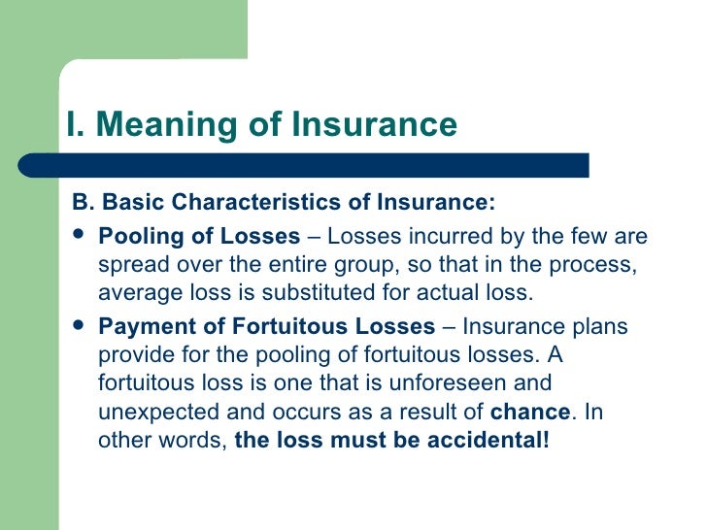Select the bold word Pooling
pos(135,237)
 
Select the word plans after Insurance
pos(603,326)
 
